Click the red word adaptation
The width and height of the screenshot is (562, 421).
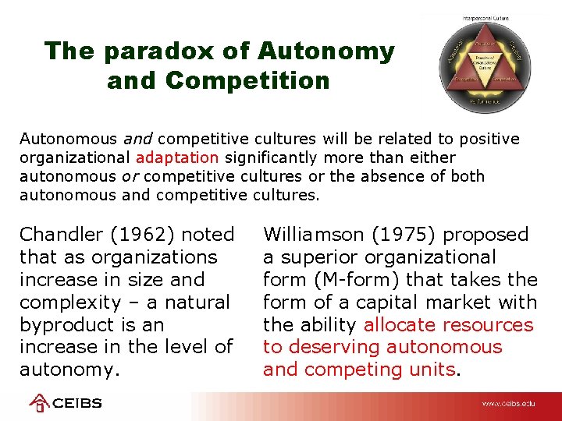179,157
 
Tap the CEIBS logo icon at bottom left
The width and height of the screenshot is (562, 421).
39,403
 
